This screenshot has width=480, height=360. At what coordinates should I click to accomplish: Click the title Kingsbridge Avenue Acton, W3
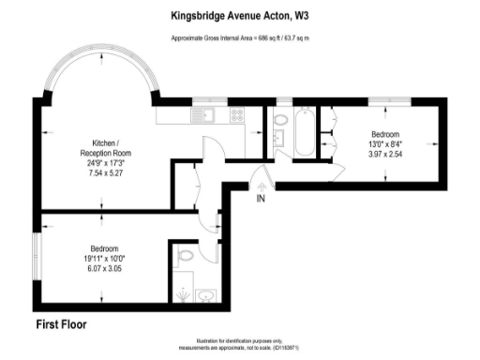(x=240, y=15)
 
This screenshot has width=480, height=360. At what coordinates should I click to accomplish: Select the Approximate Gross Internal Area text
(x=240, y=37)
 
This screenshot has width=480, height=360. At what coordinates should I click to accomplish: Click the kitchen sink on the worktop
(x=207, y=116)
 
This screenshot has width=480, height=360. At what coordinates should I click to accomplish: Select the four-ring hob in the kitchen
(x=237, y=117)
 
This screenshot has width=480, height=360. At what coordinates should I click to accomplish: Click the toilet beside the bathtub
(x=279, y=119)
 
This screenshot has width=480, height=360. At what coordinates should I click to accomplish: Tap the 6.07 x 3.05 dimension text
(x=103, y=267)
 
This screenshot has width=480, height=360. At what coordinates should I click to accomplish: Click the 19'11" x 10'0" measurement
(x=103, y=258)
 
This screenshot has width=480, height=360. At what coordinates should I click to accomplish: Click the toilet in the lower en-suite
(x=185, y=254)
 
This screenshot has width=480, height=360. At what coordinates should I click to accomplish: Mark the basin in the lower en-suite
(x=207, y=298)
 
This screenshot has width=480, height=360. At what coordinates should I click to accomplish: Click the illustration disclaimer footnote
(x=240, y=346)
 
